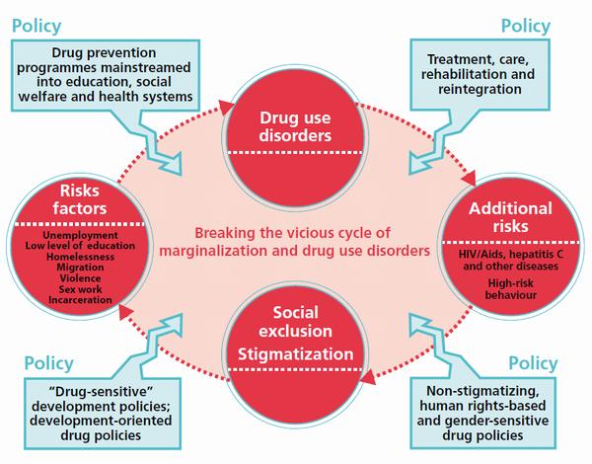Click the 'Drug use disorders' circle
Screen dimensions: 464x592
[x=294, y=128]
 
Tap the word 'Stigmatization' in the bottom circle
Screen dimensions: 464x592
[x=294, y=350]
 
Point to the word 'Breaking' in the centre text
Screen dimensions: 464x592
[x=225, y=233]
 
